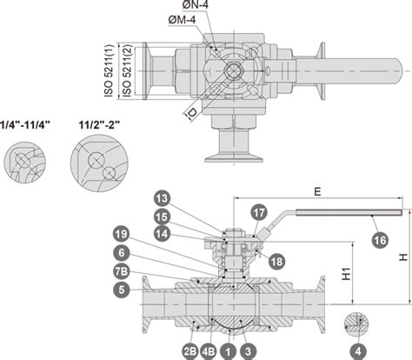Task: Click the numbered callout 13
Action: click(162, 198)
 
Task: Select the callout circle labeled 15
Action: click(162, 217)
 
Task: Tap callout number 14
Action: click(162, 234)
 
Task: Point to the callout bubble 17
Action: click(259, 213)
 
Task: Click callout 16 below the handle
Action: click(380, 240)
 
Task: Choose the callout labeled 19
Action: click(122, 234)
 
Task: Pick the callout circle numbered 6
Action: click(122, 253)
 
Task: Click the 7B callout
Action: click(122, 271)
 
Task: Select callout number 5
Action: click(122, 290)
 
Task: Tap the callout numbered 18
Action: click(276, 262)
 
